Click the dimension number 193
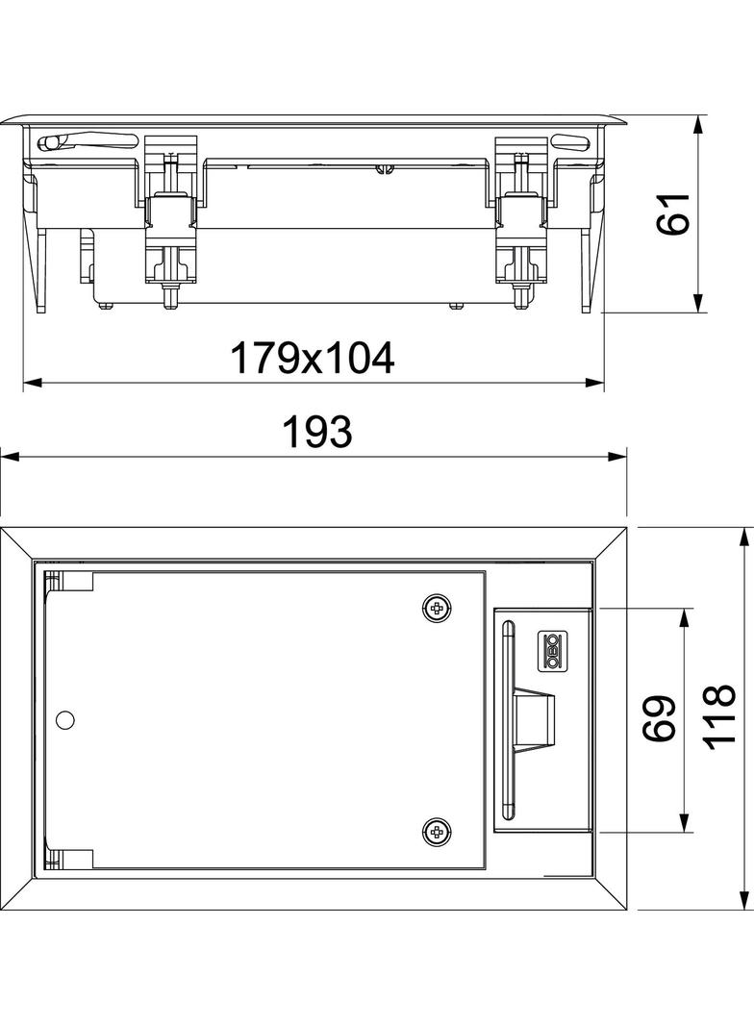317,432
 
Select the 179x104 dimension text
313,359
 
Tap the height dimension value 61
673,213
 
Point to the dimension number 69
658,718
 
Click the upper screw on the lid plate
437,609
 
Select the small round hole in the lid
64,720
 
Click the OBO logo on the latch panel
551,651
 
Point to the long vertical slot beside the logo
508,720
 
